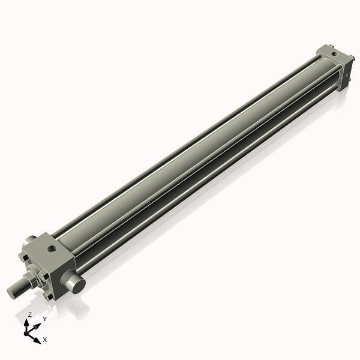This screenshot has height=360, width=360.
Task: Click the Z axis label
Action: [30, 314]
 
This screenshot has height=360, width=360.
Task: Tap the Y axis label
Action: [44, 319]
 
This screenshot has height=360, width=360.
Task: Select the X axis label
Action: [45, 340]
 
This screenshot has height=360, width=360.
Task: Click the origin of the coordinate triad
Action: [27, 332]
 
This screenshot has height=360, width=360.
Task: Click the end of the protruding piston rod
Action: [11, 293]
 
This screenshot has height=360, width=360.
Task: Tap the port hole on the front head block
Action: [52, 247]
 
